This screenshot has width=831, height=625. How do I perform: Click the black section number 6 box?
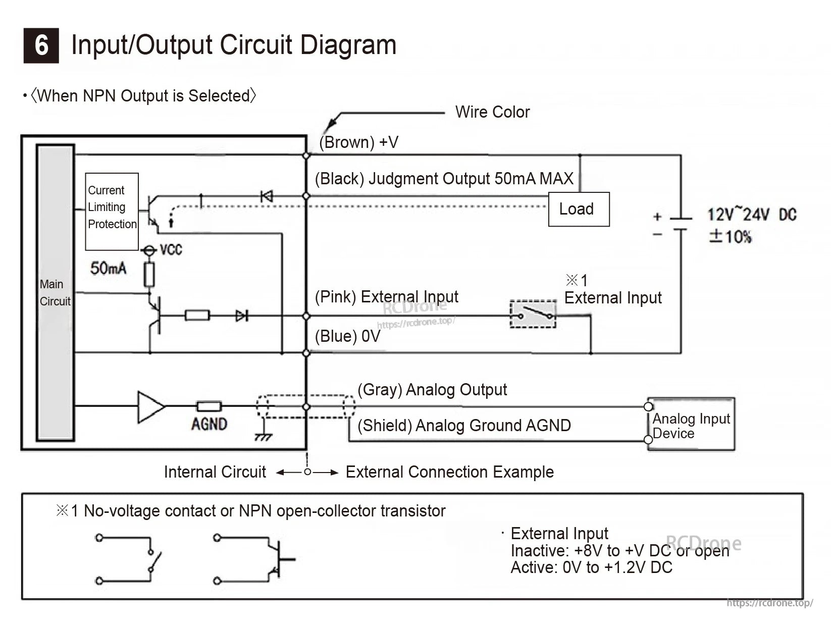(x=41, y=45)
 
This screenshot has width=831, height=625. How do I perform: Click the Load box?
(x=579, y=209)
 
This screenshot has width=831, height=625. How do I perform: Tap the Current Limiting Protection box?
(x=112, y=211)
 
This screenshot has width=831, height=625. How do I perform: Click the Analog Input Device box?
(x=691, y=425)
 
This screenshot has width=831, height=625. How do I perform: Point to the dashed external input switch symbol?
(x=533, y=314)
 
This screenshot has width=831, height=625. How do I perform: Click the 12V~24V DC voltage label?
(x=751, y=215)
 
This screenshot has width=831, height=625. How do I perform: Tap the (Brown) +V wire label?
(x=358, y=142)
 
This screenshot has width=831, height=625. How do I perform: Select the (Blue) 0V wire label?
(x=347, y=336)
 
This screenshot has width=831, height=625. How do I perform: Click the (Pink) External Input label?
(x=386, y=297)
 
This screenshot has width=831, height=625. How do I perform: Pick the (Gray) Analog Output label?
(x=432, y=390)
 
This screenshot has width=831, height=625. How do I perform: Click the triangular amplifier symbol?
(x=150, y=406)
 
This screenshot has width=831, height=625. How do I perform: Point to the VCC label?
(x=171, y=249)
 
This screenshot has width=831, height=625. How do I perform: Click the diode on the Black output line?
(x=266, y=196)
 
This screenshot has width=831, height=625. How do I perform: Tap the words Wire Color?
(x=492, y=112)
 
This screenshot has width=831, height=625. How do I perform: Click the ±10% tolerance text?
(x=730, y=236)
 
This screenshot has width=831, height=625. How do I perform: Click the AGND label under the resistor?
(x=209, y=424)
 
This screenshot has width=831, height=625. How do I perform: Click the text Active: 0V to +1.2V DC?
(x=591, y=568)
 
